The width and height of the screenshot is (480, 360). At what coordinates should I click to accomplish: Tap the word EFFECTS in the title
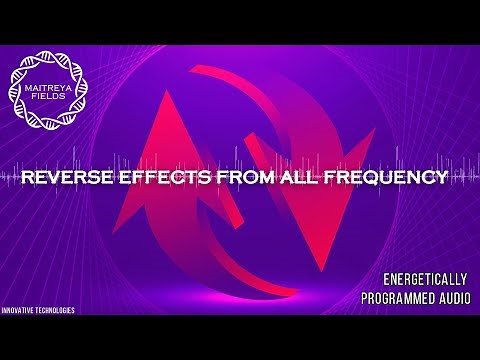click(x=159, y=179)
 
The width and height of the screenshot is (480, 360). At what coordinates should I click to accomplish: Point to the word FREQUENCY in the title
click(x=379, y=179)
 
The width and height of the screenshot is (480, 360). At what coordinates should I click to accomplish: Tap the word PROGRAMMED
click(x=394, y=298)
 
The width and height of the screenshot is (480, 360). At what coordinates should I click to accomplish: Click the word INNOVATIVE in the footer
click(x=19, y=311)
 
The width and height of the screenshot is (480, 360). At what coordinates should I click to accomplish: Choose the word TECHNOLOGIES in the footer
click(x=56, y=311)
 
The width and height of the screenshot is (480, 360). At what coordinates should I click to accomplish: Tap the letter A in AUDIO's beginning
click(x=430, y=298)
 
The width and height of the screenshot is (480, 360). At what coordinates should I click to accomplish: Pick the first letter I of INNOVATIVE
click(x=3, y=311)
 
